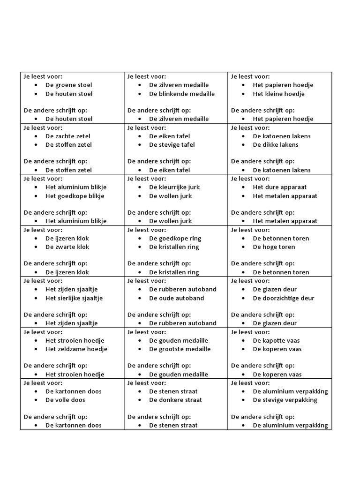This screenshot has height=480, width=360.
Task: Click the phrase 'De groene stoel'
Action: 68,85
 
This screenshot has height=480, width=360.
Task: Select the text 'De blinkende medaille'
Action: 182,94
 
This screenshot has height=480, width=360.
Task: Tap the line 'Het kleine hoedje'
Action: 278,94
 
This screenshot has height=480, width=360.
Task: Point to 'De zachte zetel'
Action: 68,136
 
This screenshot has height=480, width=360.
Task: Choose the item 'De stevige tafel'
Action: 172,144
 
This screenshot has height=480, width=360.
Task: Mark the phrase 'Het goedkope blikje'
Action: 75,196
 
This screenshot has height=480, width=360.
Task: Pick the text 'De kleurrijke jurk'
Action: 174,187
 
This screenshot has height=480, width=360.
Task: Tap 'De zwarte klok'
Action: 67,247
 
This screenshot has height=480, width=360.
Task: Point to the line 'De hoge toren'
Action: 274,247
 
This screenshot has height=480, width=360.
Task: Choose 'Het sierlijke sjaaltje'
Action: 74,298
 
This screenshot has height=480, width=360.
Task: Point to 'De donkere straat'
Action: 175,400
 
